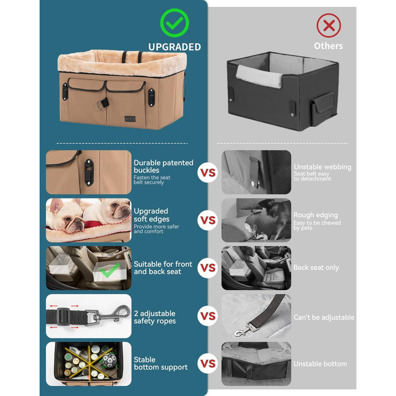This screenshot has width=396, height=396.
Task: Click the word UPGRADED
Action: point(174,47)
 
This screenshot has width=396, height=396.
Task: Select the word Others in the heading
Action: point(328,46)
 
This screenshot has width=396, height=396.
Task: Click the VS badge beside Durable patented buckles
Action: point(208,173)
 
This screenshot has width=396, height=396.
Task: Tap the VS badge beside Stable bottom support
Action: point(208,363)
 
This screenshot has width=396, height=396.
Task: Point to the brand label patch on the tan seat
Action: point(130,119)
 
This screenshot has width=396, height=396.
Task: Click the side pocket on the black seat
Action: point(323,108)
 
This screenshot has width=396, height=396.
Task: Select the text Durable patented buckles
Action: point(163,166)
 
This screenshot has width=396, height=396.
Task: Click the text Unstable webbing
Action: point(322,167)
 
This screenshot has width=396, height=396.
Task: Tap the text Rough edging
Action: point(316,215)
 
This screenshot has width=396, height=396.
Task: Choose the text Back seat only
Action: point(316,268)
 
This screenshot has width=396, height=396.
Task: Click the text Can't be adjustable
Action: point(324,317)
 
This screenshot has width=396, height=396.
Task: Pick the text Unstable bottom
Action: point(320,364)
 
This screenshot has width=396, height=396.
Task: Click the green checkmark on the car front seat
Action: point(110,270)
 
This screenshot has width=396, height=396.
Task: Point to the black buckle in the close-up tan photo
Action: point(89,172)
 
